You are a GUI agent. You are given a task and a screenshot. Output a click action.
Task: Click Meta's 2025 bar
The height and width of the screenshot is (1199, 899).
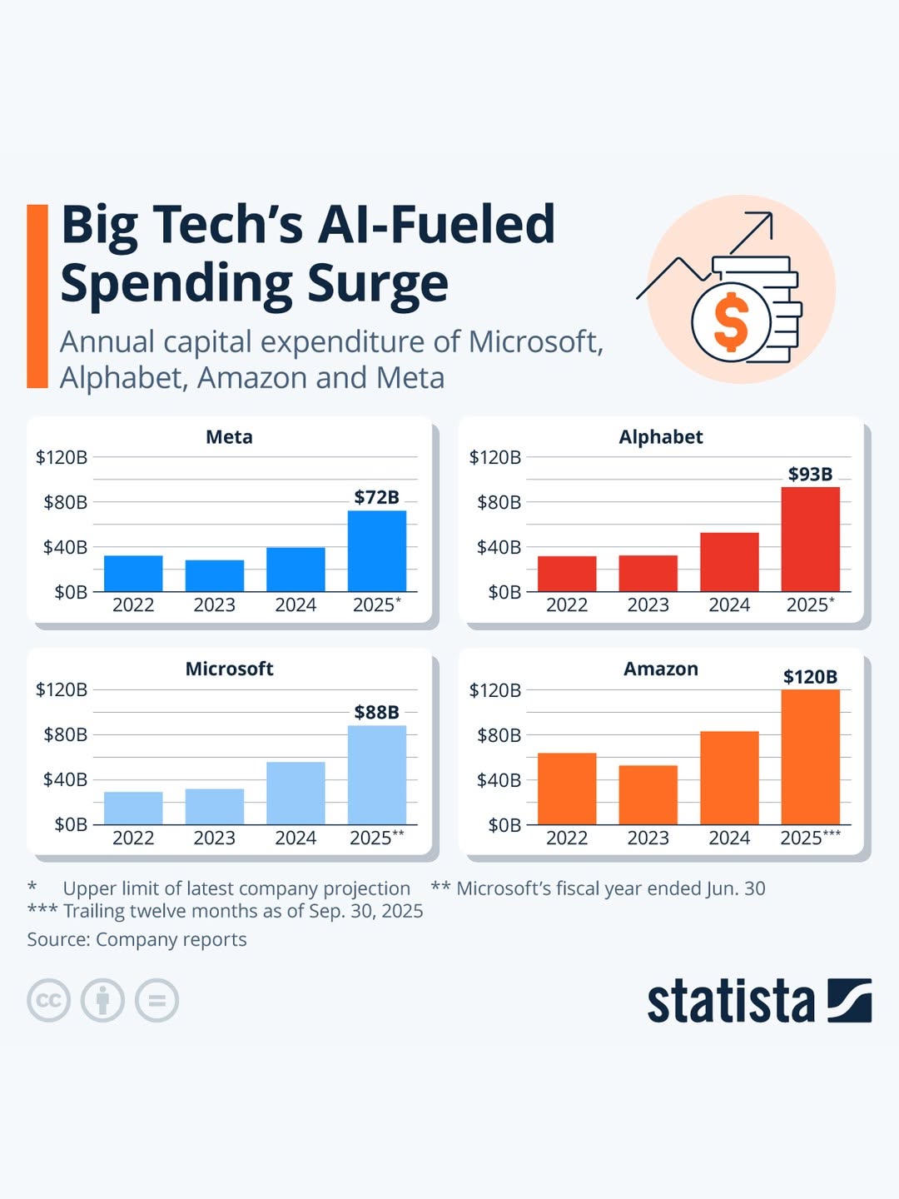click(377, 550)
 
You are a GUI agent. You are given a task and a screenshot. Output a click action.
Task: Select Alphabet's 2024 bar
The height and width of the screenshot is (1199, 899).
click(729, 562)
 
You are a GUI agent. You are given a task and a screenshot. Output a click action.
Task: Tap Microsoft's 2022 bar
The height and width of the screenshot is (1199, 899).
click(133, 808)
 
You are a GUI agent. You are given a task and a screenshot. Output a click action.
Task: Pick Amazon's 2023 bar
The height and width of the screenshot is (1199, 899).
click(648, 794)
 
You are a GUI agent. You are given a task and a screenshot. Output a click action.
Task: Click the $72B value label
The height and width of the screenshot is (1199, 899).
click(376, 497)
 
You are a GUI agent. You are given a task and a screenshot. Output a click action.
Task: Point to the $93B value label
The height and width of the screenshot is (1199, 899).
click(810, 474)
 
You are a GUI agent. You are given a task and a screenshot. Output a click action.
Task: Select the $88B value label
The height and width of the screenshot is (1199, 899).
click(376, 712)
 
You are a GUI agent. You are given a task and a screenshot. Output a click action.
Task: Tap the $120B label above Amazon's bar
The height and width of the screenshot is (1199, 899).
click(810, 676)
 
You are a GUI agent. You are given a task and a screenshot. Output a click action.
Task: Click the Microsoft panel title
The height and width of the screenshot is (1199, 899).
click(229, 669)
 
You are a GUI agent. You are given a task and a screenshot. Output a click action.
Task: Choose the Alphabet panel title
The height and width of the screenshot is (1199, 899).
click(661, 437)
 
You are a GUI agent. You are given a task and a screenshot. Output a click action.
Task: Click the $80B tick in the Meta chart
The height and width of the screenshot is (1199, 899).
click(65, 502)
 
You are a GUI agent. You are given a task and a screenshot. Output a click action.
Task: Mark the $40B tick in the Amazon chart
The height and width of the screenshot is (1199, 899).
click(499, 780)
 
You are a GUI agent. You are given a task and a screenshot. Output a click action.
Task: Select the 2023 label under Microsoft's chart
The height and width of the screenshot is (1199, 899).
click(214, 838)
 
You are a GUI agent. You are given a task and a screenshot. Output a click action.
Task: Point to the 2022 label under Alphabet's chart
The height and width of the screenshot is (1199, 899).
click(567, 605)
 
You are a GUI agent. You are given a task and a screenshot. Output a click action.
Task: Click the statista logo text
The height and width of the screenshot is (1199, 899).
click(731, 1002)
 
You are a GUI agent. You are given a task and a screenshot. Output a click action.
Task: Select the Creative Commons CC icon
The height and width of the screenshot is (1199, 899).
click(48, 1000)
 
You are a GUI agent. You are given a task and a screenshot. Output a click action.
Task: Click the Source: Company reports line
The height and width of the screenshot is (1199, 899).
click(137, 939)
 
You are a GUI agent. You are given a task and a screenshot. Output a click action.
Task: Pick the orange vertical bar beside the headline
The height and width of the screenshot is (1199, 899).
click(37, 296)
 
